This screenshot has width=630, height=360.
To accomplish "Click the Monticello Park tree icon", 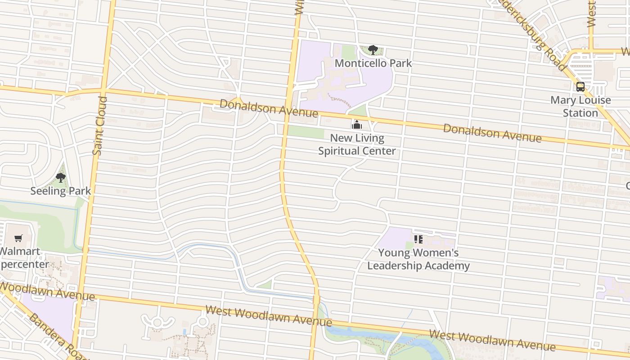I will click(x=373, y=50).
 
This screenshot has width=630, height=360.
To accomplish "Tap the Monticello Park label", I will click(x=373, y=63).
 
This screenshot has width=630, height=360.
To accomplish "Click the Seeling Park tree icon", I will click(x=61, y=178).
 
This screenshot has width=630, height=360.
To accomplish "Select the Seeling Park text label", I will click(x=61, y=191).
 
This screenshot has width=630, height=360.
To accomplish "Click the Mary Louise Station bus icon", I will click(x=580, y=87).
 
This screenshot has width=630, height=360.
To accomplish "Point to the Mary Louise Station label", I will click(x=580, y=106).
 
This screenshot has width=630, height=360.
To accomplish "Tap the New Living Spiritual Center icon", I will click(x=357, y=125).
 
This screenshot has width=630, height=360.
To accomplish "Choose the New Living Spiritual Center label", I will click(x=357, y=144).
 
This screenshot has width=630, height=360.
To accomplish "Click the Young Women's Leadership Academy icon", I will click(x=418, y=239).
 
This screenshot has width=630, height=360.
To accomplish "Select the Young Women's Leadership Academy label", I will click(x=418, y=259).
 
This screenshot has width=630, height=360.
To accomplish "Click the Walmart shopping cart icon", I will click(x=18, y=238).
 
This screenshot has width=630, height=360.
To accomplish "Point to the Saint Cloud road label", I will click(x=99, y=126).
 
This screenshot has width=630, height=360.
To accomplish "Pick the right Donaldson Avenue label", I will click(x=492, y=133).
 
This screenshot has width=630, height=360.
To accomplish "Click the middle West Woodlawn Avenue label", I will click(x=269, y=316).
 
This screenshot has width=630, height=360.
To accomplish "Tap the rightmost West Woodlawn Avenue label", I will click(x=492, y=340).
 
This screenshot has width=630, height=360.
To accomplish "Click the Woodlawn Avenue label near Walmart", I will click(x=47, y=292).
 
